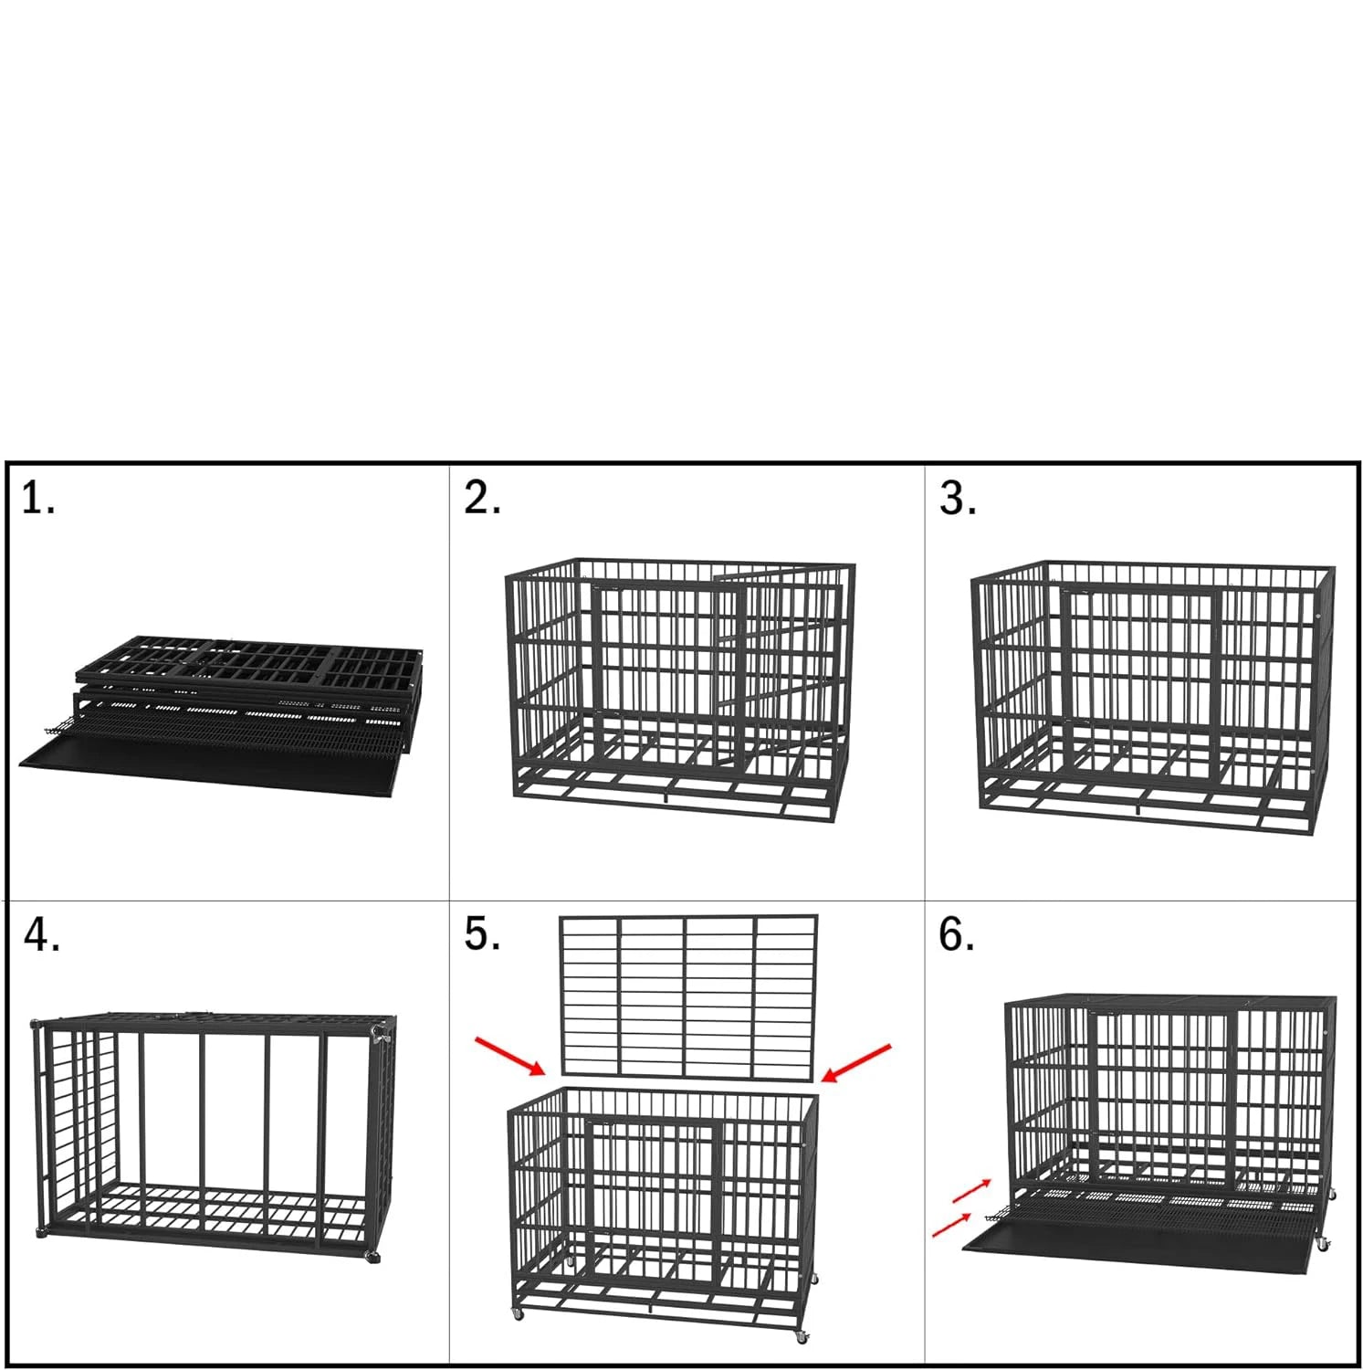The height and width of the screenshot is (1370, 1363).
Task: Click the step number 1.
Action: tap(37, 499)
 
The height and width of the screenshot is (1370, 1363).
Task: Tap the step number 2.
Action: tap(482, 499)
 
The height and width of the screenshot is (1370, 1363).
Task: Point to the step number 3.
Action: tap(958, 499)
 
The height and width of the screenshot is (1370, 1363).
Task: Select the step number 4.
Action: tap(41, 934)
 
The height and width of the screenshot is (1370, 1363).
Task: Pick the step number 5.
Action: tap(482, 934)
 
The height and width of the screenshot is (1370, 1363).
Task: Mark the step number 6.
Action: tap(956, 934)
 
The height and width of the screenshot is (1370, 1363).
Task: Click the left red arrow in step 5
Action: tap(510, 1056)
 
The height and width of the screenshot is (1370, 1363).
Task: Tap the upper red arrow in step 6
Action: tap(971, 1190)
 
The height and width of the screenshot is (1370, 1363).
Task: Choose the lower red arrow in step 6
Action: tap(951, 1225)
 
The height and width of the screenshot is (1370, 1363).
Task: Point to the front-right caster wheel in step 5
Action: tap(802, 1336)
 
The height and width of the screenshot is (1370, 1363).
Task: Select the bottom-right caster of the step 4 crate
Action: tap(372, 1258)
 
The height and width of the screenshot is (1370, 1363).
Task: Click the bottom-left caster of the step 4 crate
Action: tap(42, 1234)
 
